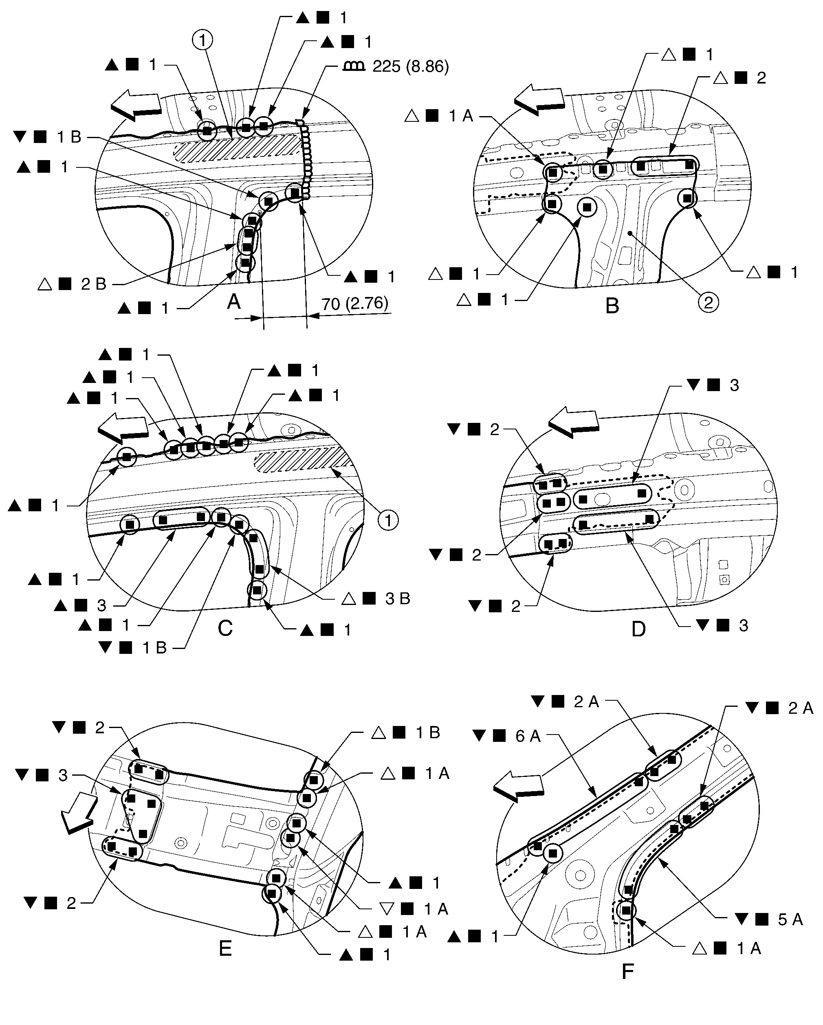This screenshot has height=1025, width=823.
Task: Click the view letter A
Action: pyautogui.click(x=233, y=301)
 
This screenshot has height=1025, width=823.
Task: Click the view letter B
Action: pyautogui.click(x=612, y=305)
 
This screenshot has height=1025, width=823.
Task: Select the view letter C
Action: pyautogui.click(x=225, y=629)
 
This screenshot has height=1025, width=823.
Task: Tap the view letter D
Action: pyautogui.click(x=638, y=629)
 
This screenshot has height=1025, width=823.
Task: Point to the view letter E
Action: pyautogui.click(x=225, y=949)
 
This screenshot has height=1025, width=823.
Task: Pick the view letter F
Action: pyautogui.click(x=627, y=971)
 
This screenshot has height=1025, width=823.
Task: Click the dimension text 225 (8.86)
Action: pyautogui.click(x=410, y=66)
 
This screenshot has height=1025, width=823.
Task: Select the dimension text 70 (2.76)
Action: pyautogui.click(x=355, y=304)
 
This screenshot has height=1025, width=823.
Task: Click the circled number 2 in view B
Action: pyautogui.click(x=708, y=302)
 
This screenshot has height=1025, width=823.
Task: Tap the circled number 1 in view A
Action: pyautogui.click(x=202, y=40)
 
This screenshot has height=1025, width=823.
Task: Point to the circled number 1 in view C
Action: pyautogui.click(x=388, y=521)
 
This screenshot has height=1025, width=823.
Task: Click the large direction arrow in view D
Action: pyautogui.click(x=573, y=422)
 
